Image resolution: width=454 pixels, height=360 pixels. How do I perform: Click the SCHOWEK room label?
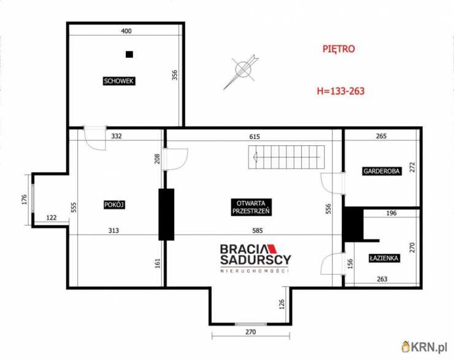coord(119,81)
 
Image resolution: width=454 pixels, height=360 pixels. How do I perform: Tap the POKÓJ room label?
coord(114,205)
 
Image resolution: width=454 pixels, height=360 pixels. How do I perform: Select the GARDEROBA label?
coord(382,171)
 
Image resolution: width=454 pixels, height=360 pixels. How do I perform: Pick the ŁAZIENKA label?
coord(384,258)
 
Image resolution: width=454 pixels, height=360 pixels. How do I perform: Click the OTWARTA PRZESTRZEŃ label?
coord(251,207)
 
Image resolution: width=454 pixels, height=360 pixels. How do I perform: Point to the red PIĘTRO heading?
coord(339,49)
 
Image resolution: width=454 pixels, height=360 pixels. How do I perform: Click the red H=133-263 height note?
coord(340,91)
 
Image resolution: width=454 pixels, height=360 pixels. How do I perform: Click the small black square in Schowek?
coord(129,54)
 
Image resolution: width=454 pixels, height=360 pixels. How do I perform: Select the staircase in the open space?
coord(287,157)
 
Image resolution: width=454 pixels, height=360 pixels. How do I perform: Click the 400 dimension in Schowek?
coord(126,31)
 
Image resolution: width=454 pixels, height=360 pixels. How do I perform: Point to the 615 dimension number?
coord(255,136)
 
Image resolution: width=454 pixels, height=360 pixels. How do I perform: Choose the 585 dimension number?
coord(258,231)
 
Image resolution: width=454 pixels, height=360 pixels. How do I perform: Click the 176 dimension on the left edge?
coord(25,199)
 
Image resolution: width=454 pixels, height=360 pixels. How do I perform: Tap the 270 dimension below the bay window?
coord(250,332)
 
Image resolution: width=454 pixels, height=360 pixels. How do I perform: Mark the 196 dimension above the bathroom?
coord(391,213)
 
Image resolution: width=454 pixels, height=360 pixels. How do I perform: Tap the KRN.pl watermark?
coord(425,347)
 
